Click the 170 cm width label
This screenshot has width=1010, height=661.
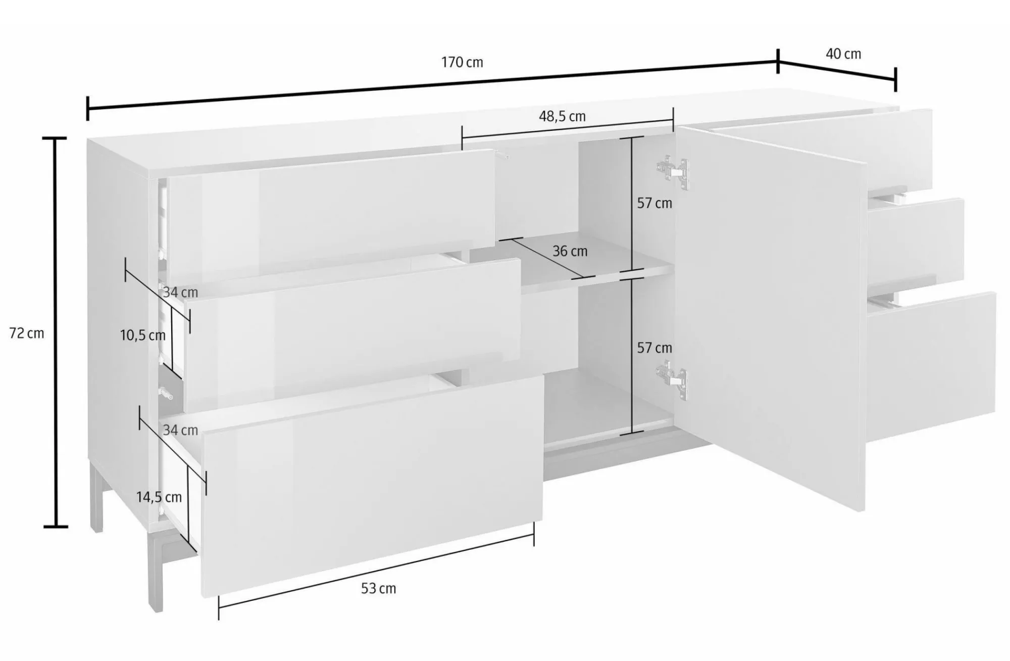click(462, 62)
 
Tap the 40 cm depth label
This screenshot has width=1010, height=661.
click(843, 54)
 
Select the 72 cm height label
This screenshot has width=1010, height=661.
click(27, 334)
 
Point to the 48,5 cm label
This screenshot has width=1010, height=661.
click(562, 116)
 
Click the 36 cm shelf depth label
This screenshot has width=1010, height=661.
click(570, 251)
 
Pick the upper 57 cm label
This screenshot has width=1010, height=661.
click(654, 203)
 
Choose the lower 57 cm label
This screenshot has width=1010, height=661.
click(654, 348)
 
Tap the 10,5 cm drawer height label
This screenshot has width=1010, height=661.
click(143, 335)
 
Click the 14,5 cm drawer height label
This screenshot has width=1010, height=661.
click(159, 497)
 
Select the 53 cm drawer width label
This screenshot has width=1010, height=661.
click(378, 588)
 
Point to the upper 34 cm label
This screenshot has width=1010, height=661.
click(180, 292)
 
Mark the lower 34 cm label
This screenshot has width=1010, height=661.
click(180, 430)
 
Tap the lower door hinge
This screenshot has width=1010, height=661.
click(672, 380)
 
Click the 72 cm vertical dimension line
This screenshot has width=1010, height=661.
click(56, 332)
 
